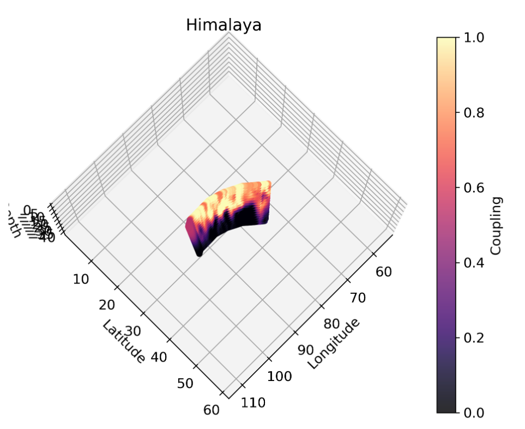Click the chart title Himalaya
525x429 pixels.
pyautogui.click(x=224, y=25)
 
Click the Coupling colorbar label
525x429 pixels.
pyautogui.click(x=496, y=226)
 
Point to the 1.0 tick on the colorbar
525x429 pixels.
pyautogui.click(x=475, y=38)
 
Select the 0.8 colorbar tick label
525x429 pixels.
pyautogui.click(x=475, y=113)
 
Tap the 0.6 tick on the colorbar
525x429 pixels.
pyautogui.click(x=475, y=188)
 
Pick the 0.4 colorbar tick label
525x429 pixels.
pyautogui.click(x=475, y=263)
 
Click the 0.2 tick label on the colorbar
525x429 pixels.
pyautogui.click(x=475, y=337)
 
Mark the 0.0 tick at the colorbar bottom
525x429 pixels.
pyautogui.click(x=475, y=413)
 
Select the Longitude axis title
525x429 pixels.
pyautogui.click(x=334, y=343)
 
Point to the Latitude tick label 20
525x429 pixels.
pyautogui.click(x=106, y=304)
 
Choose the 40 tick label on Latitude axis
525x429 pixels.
pyautogui.click(x=158, y=357)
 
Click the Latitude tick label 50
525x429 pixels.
pyautogui.click(x=185, y=383)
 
